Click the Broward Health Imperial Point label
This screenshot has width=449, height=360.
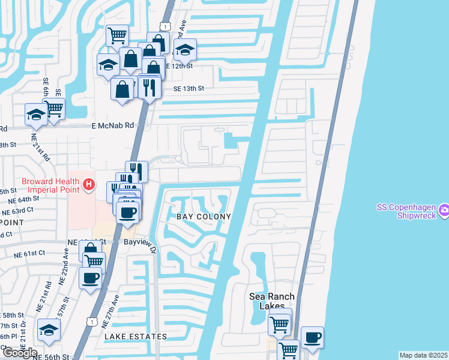50,185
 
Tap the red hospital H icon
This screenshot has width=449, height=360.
89,184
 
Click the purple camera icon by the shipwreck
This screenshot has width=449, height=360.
444,210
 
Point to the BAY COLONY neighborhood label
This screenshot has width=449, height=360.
203,216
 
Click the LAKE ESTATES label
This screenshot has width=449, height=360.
136,337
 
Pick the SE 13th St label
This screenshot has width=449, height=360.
189,88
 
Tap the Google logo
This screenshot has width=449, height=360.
20,353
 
